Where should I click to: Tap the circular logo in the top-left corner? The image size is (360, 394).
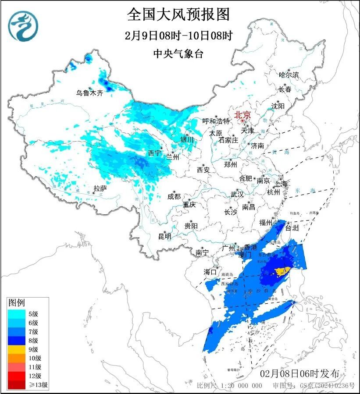tap(24, 27)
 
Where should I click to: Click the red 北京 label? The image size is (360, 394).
tap(242, 115)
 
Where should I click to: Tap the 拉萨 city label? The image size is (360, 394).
tap(100, 189)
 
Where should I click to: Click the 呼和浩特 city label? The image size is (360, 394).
tap(216, 121)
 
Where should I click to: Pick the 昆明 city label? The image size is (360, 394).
tap(164, 236)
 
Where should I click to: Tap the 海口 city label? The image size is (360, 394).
tap(210, 272)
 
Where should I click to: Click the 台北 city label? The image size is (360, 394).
tap(292, 228)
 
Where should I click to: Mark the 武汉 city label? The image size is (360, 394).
tap(237, 194)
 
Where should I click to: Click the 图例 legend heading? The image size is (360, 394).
tap(17, 303)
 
